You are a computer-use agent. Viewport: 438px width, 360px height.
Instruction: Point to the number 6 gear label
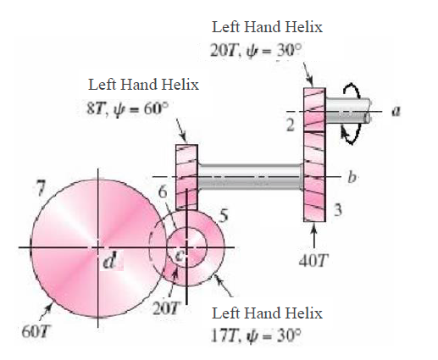coord(160,191)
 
